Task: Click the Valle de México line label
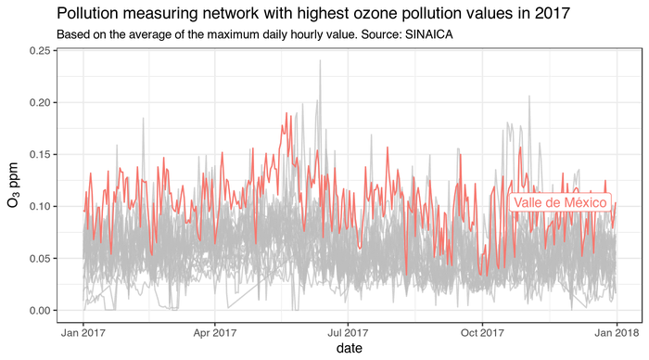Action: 560,202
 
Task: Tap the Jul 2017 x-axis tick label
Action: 347,330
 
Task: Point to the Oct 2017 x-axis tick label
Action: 480,330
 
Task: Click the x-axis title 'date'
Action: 349,348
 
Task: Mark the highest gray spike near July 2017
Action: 320,61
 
